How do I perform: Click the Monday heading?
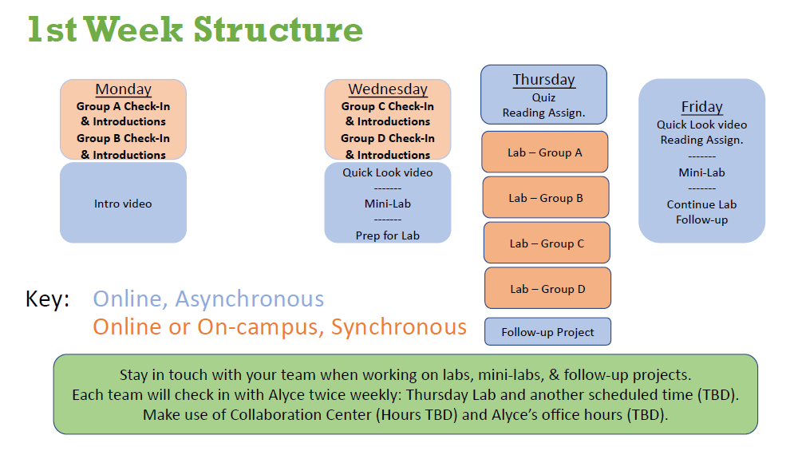(124, 89)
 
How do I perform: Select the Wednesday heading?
(388, 89)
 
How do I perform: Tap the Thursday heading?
(544, 80)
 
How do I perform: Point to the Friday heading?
(702, 107)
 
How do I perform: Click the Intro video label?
(123, 204)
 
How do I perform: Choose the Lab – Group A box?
(545, 152)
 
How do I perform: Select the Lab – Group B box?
(546, 197)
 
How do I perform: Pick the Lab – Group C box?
(547, 243)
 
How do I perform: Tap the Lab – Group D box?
(547, 288)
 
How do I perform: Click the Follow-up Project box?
(547, 331)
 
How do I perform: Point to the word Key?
(47, 299)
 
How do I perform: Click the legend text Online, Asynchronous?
(208, 299)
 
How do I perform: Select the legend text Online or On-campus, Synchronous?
(279, 327)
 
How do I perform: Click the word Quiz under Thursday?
(543, 97)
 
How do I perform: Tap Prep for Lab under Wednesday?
(388, 235)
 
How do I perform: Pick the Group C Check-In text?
(388, 106)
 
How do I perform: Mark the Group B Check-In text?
(123, 138)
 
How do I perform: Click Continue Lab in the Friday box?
(702, 204)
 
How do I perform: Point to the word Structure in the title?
(278, 30)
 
